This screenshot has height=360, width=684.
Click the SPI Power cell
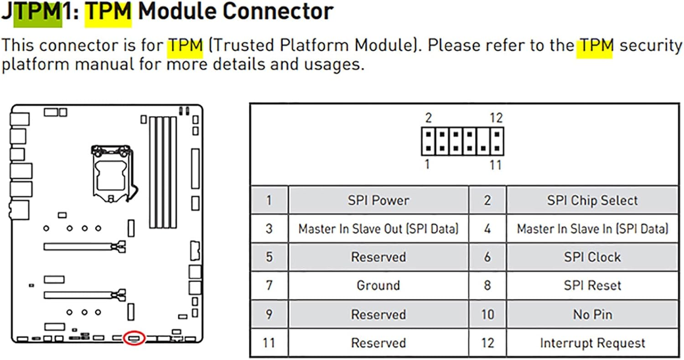[x=378, y=200]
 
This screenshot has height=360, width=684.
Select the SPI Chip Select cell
[x=592, y=200]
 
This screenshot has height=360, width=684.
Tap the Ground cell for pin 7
[x=378, y=285]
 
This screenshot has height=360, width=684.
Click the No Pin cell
[x=592, y=314]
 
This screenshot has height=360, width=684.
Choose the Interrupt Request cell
[x=592, y=343]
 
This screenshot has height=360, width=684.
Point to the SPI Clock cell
[x=592, y=257]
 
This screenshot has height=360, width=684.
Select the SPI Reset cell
[x=592, y=285]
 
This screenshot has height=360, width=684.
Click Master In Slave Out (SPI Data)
[x=378, y=229]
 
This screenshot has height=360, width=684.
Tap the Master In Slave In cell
[x=592, y=229]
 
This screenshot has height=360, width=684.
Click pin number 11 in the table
[x=269, y=343]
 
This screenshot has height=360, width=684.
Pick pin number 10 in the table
[x=487, y=314]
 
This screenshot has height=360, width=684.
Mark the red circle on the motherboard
[x=135, y=337]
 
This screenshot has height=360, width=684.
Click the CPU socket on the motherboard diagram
[x=111, y=173]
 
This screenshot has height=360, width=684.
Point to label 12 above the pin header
[x=496, y=118]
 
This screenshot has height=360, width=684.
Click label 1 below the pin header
[x=427, y=165]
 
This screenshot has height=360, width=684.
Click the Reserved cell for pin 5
[x=378, y=257]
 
